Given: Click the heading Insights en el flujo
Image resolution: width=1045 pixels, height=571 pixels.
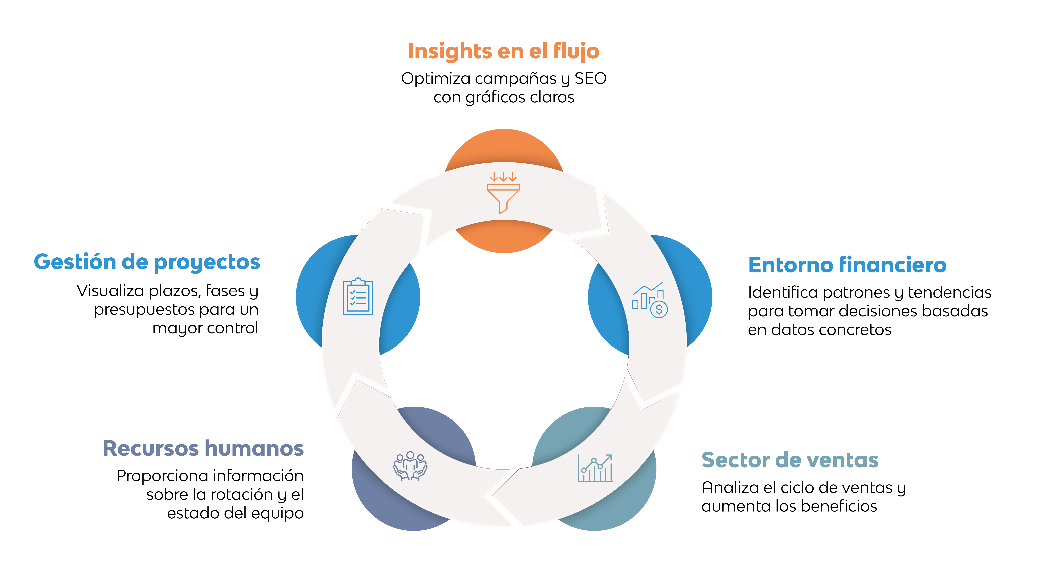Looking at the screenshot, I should pos(503,51).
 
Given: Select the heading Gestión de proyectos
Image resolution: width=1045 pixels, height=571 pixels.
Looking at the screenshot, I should pos(147,262).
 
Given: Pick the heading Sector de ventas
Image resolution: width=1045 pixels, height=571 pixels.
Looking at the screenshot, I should pos(790,460).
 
